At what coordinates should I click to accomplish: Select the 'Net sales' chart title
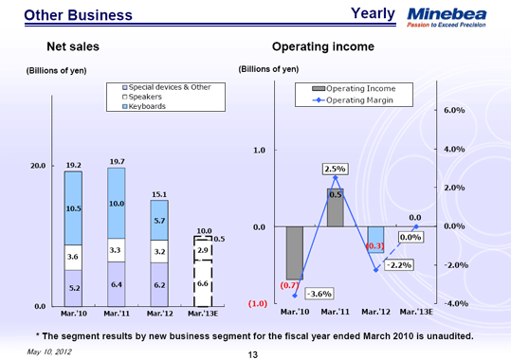point(73,45)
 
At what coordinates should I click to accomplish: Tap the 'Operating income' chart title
point(322,45)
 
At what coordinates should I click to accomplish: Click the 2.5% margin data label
point(335,169)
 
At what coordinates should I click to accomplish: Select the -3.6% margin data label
point(319,293)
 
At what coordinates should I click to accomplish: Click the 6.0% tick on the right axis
point(455,111)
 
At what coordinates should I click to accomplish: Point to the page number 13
point(252,354)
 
